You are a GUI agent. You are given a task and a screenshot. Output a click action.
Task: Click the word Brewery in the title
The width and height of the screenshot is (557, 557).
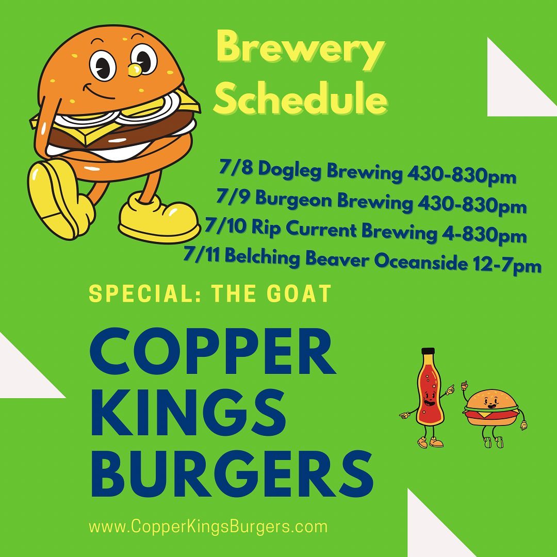pyautogui.click(x=301, y=51)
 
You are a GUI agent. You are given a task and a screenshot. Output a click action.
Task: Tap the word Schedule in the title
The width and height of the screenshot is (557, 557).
pyautogui.click(x=301, y=97)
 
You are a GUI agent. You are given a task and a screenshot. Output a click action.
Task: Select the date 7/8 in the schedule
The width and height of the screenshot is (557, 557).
pyautogui.click(x=236, y=167)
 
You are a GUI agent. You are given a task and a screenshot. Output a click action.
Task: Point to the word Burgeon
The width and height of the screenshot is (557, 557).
pyautogui.click(x=293, y=200)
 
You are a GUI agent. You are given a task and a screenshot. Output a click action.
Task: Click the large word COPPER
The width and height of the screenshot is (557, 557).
pyautogui.click(x=212, y=351)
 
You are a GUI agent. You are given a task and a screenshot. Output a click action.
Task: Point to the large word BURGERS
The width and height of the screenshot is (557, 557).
pyautogui.click(x=232, y=473)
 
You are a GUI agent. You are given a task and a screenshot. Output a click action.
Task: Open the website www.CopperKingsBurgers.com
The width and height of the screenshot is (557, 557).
pyautogui.click(x=208, y=526)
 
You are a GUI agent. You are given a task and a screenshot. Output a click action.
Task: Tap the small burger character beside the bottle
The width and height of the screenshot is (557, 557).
pyautogui.click(x=493, y=412)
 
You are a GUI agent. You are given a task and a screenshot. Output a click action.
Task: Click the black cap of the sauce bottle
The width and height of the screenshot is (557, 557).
pyautogui.click(x=428, y=351)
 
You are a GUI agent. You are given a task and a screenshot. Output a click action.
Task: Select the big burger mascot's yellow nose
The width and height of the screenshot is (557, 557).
pyautogui.click(x=135, y=70)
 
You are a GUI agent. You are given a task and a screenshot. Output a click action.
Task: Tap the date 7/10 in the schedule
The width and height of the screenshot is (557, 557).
pyautogui.click(x=225, y=226)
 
